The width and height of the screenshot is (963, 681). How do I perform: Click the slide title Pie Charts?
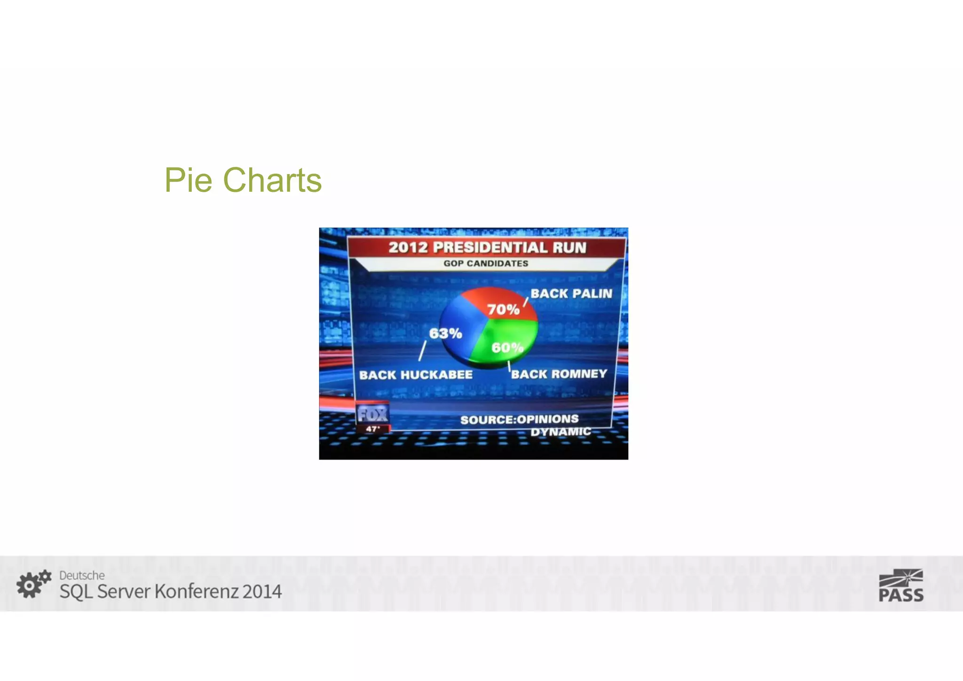pos(243,180)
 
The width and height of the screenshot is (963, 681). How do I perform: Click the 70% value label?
pos(503,309)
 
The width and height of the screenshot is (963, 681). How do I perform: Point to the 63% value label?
pos(445,333)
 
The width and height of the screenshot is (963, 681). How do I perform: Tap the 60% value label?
pos(507,348)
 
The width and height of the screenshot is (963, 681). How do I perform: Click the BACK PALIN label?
pos(571,293)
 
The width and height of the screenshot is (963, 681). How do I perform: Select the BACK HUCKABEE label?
pos(416,375)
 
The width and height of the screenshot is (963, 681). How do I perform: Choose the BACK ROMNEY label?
pos(559,374)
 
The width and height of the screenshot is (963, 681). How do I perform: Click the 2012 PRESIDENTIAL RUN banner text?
pos(487,247)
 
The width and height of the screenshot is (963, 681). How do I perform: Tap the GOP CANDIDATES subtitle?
pos(486,263)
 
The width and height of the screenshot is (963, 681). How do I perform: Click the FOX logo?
pos(372,414)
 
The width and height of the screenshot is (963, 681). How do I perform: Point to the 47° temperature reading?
pos(372,429)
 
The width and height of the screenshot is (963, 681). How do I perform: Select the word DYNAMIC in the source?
pos(560,432)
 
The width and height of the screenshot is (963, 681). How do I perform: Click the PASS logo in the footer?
pos(901,586)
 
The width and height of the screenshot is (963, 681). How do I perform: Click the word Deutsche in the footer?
pos(82,575)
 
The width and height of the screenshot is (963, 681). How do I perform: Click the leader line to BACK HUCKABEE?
pos(422,351)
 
